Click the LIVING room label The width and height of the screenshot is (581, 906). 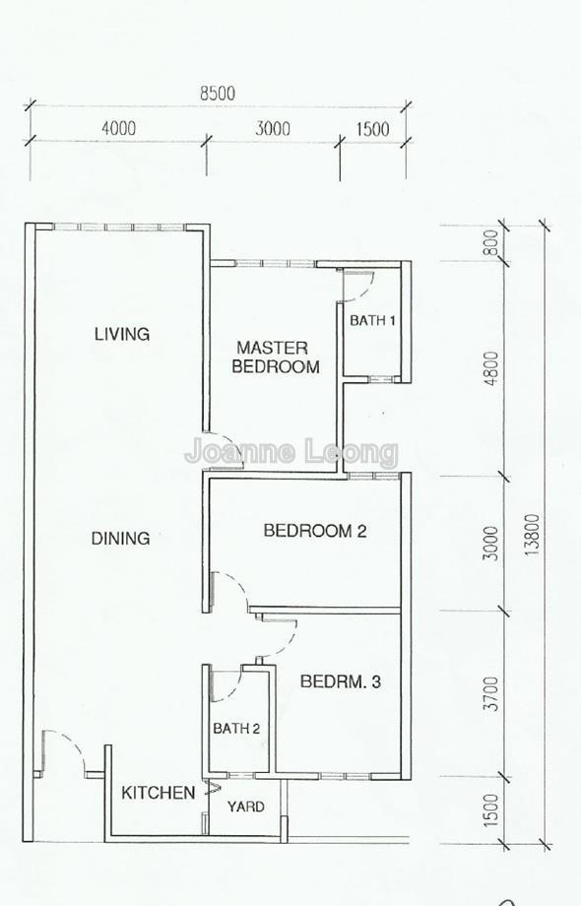[x=122, y=334]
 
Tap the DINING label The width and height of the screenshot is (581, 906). [x=120, y=539]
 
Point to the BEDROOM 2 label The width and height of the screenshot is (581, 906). [x=314, y=532]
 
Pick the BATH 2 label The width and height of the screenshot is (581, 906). [x=236, y=729]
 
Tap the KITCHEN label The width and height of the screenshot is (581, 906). [x=158, y=793]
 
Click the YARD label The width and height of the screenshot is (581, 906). [x=245, y=807]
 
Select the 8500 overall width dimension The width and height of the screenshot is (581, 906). [x=218, y=94]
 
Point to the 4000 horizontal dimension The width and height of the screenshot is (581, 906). [x=117, y=129]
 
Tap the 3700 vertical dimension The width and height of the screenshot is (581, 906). [x=492, y=692]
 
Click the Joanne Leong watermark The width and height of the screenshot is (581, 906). [x=291, y=452]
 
